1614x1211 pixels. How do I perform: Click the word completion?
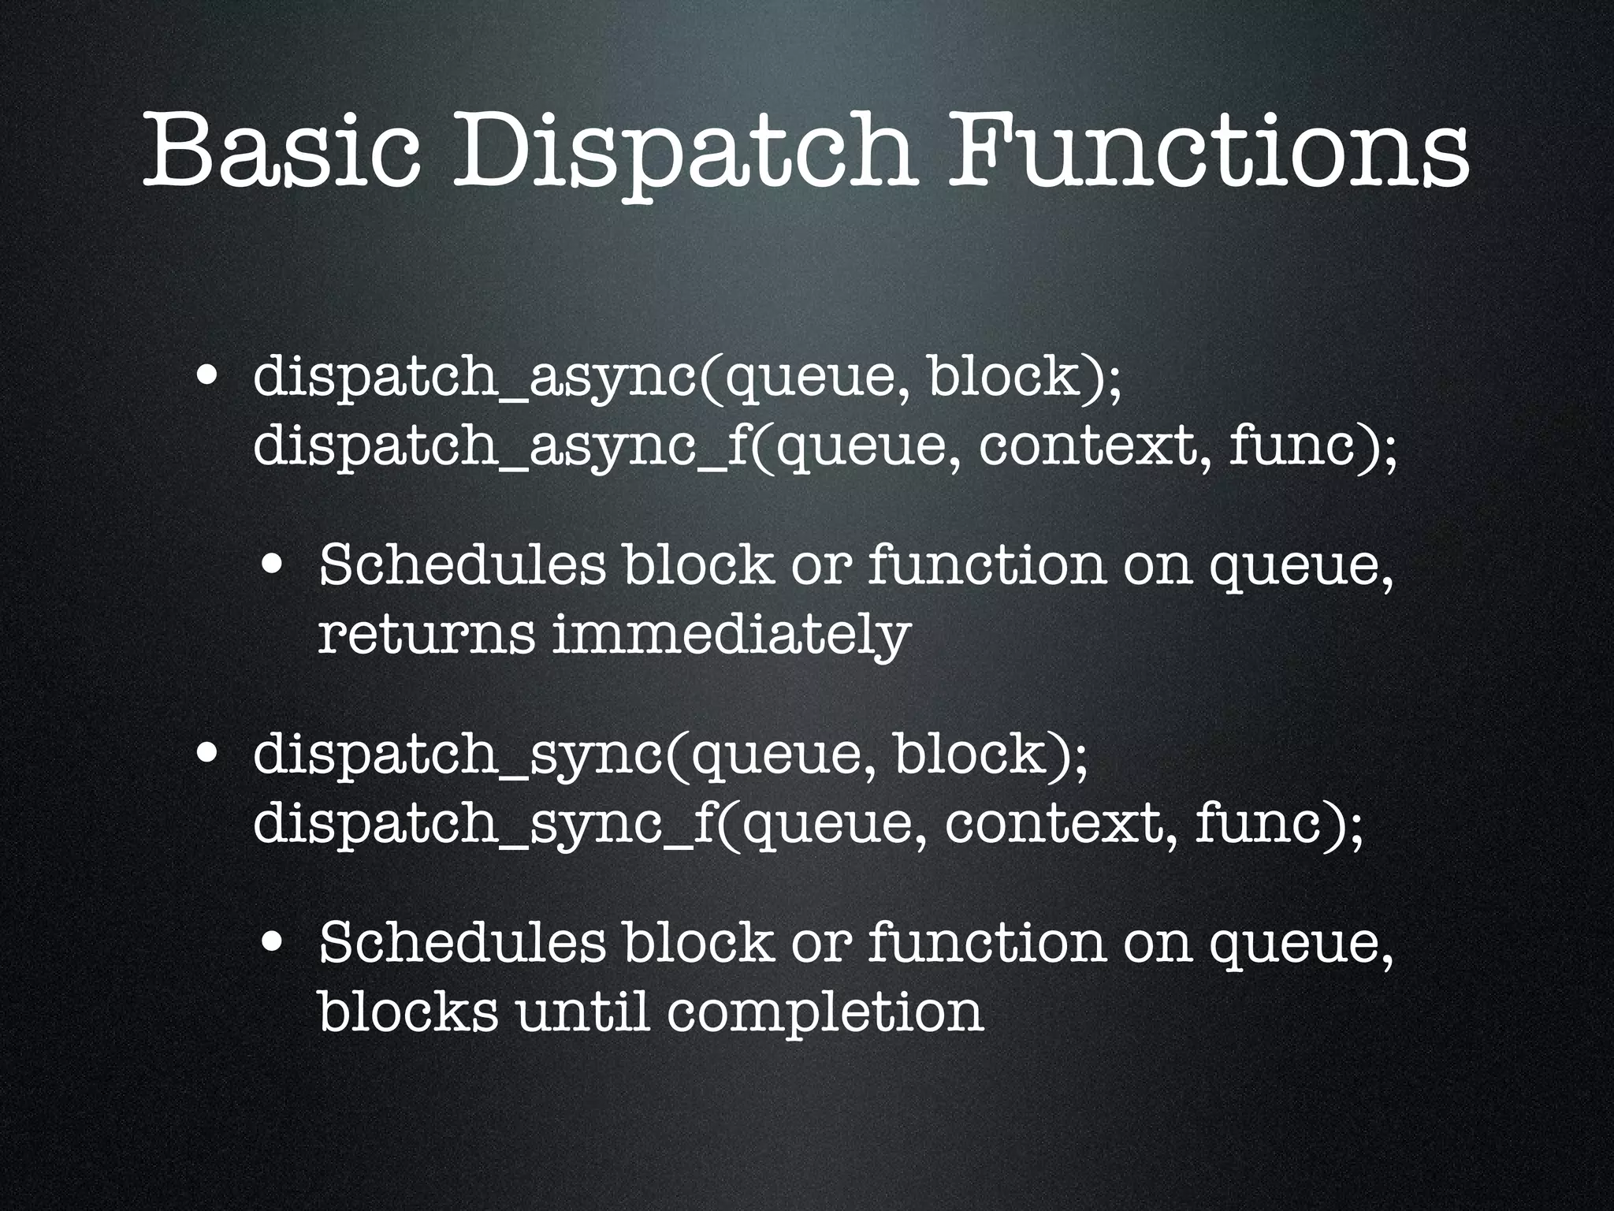pyautogui.click(x=824, y=1012)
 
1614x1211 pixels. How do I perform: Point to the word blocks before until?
pyautogui.click(x=407, y=1011)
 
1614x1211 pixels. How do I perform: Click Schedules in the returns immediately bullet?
pyautogui.click(x=463, y=565)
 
